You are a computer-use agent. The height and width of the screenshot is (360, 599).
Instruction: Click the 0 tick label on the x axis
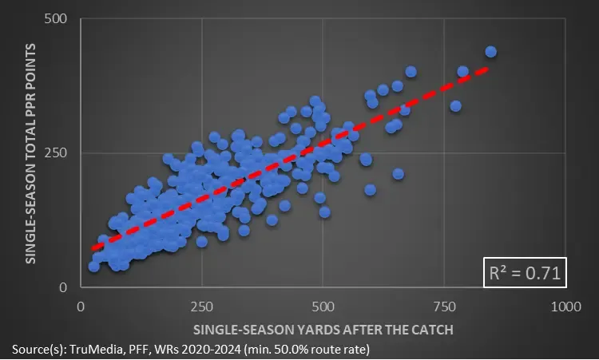[x=81, y=306]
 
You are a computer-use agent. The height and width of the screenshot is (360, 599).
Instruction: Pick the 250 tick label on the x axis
[x=201, y=306]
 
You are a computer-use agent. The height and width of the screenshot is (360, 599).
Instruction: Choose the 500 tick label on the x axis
[x=323, y=306]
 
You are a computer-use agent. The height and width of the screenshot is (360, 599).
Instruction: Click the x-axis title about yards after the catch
[x=323, y=329]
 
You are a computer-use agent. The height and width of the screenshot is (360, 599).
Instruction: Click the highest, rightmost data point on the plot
[x=491, y=52]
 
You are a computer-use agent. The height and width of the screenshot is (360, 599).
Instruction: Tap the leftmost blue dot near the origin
[x=94, y=267]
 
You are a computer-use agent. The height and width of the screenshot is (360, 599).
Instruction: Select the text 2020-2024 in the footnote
[x=210, y=348]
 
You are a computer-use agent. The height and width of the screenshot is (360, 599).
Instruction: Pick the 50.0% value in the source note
[x=292, y=348]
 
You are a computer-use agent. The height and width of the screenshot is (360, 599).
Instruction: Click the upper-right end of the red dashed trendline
[x=486, y=69]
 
